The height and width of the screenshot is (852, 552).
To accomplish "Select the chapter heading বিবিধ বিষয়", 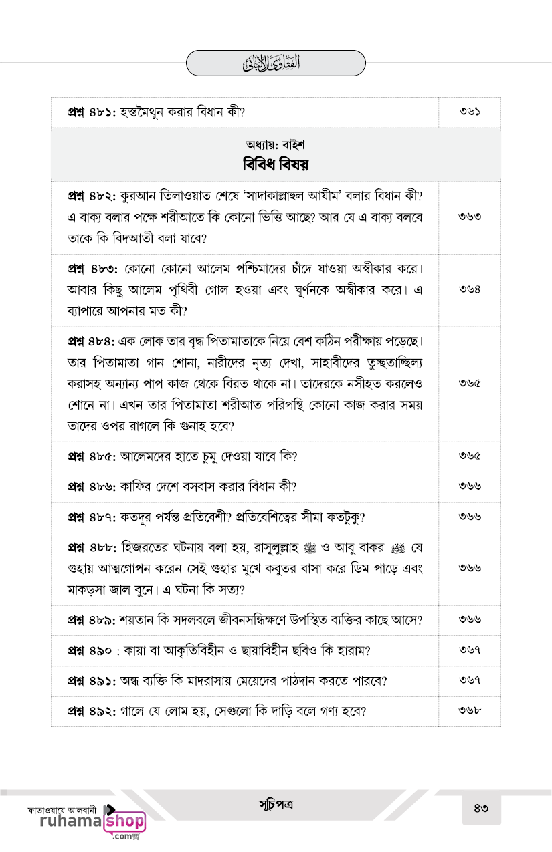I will (x=276, y=164).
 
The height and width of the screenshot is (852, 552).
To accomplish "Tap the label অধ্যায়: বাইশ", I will (x=276, y=144).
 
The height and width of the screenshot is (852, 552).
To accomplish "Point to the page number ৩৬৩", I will (x=470, y=217).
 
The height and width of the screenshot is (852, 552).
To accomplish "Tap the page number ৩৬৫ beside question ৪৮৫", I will (x=470, y=457).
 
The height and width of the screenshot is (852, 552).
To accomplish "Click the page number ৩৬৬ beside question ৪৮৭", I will (x=470, y=517).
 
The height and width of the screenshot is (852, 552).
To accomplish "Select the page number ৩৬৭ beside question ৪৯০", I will (x=470, y=650).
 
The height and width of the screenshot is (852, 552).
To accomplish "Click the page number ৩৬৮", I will (x=470, y=710).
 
